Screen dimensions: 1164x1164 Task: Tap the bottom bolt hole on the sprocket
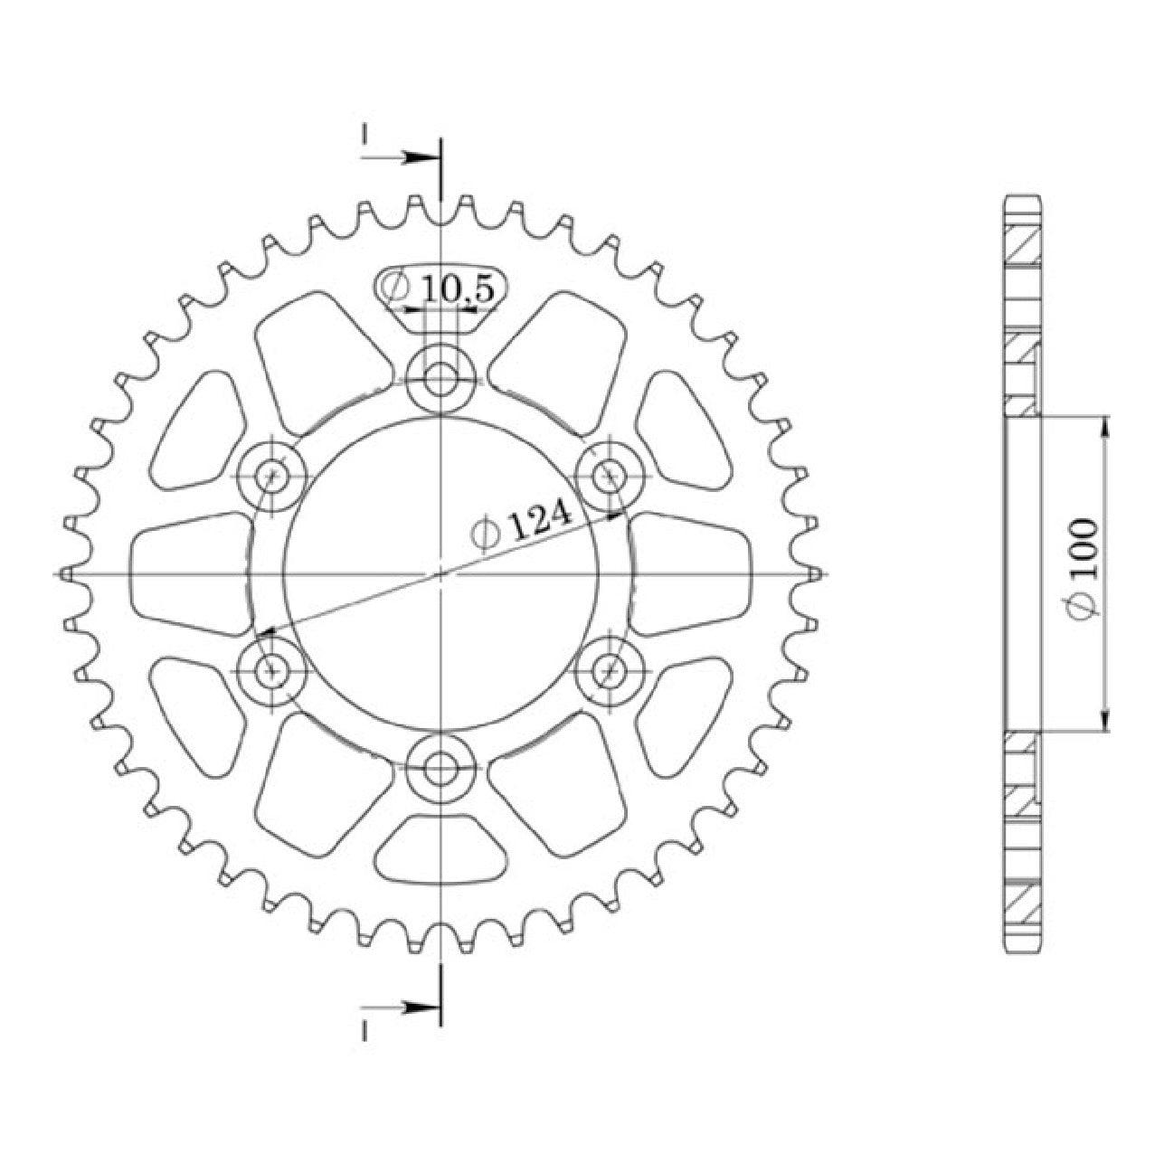click(x=440, y=769)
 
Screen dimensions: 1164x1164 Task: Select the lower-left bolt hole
click(x=272, y=670)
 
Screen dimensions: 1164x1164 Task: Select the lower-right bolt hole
click(x=609, y=670)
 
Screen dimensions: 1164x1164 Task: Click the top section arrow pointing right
click(x=400, y=157)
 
